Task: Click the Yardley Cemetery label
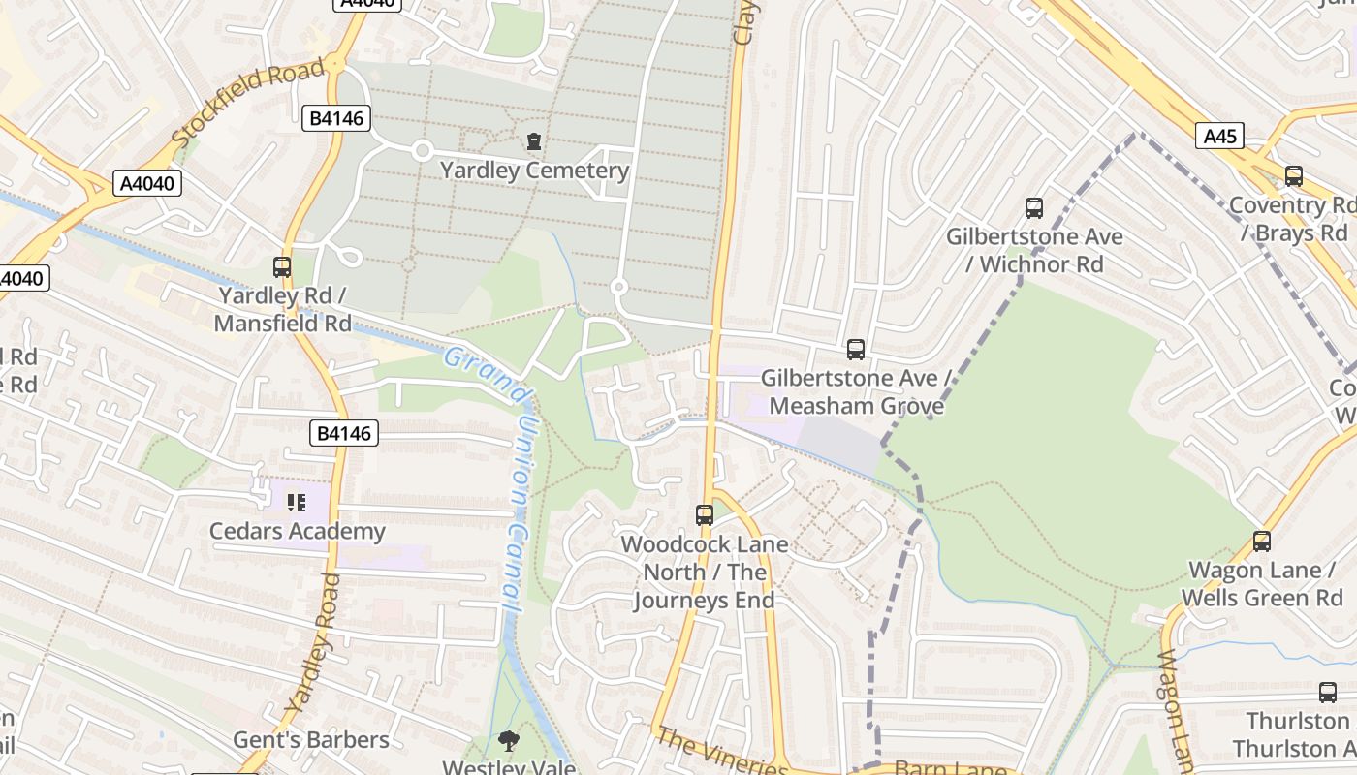click(534, 171)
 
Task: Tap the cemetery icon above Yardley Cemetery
click(533, 141)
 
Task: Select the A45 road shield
click(1219, 137)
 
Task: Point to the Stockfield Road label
click(249, 104)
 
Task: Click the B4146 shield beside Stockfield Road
click(336, 119)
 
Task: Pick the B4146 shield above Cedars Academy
click(344, 433)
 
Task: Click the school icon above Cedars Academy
click(297, 502)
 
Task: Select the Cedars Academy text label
click(298, 532)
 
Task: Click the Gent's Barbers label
click(311, 740)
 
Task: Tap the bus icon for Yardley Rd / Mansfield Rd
click(282, 266)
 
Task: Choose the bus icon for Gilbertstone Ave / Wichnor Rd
click(1034, 207)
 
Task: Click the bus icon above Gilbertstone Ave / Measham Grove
click(855, 349)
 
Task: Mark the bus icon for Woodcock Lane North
click(705, 514)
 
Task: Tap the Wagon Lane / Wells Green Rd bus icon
click(1261, 541)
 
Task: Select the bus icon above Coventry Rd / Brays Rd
click(1293, 176)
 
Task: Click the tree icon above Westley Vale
click(507, 741)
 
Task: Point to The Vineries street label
click(722, 754)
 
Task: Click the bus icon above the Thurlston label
click(1327, 693)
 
